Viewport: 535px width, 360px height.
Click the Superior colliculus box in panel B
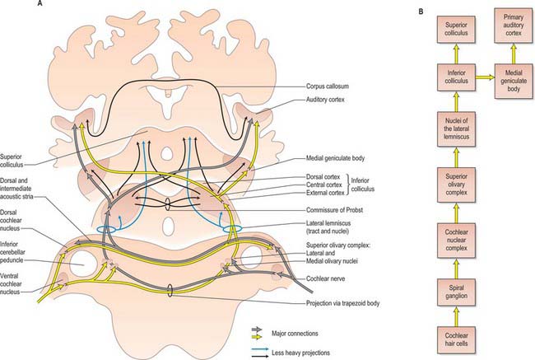tap(456, 30)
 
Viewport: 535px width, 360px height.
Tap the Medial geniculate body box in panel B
tap(514, 81)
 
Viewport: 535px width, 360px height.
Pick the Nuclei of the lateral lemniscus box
tap(456, 129)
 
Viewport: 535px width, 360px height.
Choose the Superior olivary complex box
tap(456, 185)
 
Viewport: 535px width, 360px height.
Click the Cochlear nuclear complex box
tap(456, 240)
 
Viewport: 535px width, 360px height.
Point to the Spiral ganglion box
tap(456, 292)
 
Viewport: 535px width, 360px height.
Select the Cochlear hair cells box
tap(456, 340)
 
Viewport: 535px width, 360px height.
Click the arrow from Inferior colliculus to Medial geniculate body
tap(485, 77)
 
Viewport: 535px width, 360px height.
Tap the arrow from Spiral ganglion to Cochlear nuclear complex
tap(456, 268)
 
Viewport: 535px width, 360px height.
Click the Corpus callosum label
tap(328, 86)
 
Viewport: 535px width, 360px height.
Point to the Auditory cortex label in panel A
tap(325, 100)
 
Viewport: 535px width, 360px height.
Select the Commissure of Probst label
tap(334, 210)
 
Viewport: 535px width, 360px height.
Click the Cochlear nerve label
tap(325, 278)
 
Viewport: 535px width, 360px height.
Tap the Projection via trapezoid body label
tap(342, 303)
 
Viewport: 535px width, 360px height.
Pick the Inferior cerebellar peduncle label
tap(12, 252)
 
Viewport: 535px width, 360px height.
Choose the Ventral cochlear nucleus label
tap(11, 284)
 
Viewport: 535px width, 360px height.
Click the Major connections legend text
tap(295, 334)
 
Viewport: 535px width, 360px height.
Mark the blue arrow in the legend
tap(259, 350)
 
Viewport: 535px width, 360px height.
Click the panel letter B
tap(421, 12)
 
